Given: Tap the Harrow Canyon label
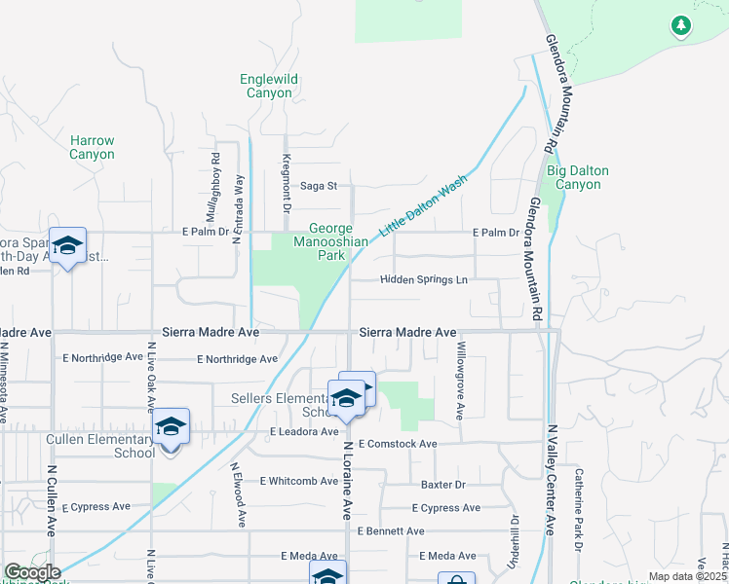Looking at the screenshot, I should click(x=92, y=147).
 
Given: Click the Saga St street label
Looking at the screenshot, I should click(x=318, y=185).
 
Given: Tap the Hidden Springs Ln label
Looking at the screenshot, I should click(x=423, y=280).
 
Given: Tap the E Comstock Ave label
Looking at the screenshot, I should click(x=397, y=444).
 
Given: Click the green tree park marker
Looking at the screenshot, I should click(x=681, y=25).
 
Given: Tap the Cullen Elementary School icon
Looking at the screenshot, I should click(x=172, y=428).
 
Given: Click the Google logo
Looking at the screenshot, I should click(x=31, y=572).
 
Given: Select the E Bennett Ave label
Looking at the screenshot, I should click(x=390, y=531).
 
